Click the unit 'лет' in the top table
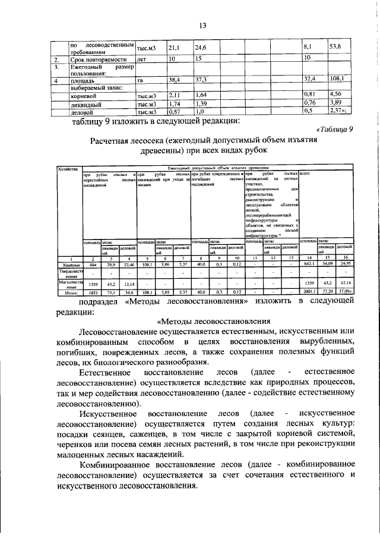click(142, 60)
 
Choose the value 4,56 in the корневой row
click(335, 95)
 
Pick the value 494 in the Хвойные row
click(93, 264)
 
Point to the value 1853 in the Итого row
click(93, 292)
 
